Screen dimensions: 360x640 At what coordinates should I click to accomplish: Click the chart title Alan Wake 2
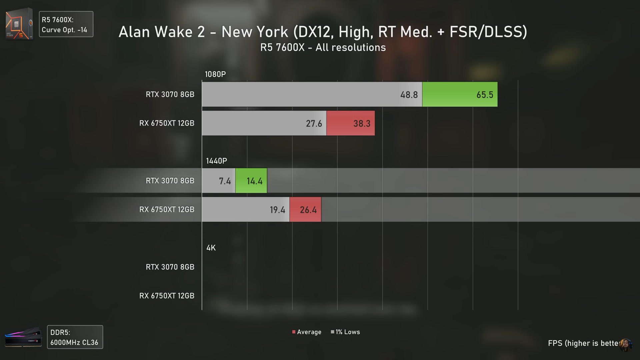tap(323, 32)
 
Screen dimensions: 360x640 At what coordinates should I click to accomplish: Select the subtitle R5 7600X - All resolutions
tap(323, 48)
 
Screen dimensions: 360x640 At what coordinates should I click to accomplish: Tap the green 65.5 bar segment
tap(460, 94)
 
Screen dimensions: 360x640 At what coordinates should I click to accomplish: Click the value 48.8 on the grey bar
tap(409, 95)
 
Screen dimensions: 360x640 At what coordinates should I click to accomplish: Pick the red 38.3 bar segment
tap(350, 123)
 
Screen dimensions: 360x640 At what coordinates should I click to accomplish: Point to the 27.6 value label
tap(314, 124)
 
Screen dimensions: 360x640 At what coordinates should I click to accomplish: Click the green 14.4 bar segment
tap(251, 181)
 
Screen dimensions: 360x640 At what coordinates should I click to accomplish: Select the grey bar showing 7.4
tap(219, 181)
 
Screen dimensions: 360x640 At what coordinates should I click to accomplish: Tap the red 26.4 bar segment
tap(305, 210)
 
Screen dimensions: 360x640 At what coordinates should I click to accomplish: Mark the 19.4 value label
tap(277, 210)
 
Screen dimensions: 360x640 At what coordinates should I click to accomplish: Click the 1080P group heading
tap(215, 74)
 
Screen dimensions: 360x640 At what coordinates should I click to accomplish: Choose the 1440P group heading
tap(216, 161)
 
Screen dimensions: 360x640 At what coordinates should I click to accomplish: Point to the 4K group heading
tap(211, 248)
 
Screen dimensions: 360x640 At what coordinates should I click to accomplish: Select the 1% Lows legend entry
tap(345, 332)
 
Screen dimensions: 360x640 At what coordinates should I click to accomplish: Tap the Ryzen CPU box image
tap(19, 24)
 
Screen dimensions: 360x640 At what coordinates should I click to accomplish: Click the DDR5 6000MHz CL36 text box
tap(75, 337)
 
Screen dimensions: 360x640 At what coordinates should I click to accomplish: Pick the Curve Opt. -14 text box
tap(66, 24)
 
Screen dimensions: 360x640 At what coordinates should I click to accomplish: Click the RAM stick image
tap(23, 337)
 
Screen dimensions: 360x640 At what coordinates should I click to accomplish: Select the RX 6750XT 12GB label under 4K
tap(167, 296)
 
